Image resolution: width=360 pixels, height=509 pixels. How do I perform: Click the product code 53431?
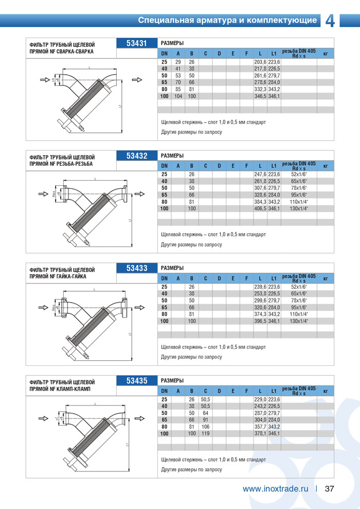137,43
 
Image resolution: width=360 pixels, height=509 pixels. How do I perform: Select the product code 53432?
137,155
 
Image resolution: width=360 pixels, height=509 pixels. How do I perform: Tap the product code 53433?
137,268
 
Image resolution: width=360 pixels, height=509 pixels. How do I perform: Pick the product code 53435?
137,381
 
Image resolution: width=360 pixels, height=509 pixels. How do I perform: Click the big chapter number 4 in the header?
330,21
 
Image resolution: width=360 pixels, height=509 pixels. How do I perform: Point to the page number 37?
330,489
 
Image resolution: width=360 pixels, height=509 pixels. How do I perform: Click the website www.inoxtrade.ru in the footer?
275,489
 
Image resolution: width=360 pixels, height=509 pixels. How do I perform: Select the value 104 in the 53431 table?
178,96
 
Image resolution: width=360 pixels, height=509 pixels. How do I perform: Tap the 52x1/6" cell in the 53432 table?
299,174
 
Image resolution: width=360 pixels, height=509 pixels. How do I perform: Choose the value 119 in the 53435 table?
205,434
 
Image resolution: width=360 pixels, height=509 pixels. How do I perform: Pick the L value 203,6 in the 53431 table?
260,62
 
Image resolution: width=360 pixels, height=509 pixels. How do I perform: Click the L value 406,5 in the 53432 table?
260,208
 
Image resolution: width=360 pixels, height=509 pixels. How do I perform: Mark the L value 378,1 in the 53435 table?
260,434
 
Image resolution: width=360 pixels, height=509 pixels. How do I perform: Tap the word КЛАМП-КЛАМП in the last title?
75,389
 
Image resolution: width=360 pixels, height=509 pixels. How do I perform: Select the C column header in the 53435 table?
205,392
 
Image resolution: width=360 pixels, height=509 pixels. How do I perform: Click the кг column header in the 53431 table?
325,54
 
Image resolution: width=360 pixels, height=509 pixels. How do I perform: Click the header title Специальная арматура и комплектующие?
227,21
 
